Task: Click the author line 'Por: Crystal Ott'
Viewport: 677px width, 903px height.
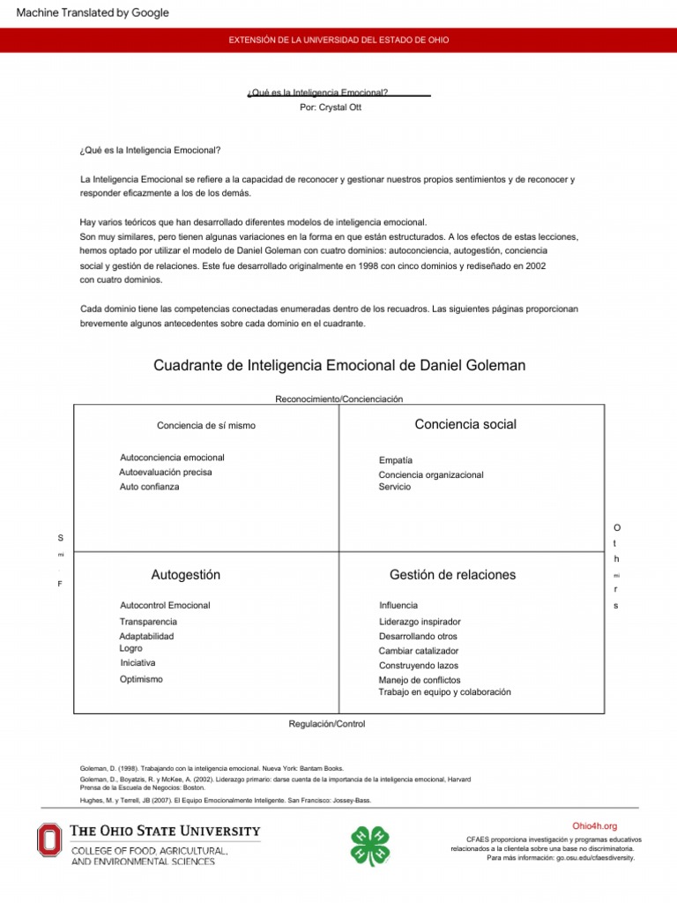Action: tap(331, 107)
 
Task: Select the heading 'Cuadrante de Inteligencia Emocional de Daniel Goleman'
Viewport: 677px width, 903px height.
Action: tap(338, 365)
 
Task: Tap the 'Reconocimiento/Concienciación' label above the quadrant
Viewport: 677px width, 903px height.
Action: tap(338, 399)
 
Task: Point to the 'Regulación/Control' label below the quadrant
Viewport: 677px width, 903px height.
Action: tap(326, 723)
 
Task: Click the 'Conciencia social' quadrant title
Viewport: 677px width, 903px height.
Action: tap(465, 424)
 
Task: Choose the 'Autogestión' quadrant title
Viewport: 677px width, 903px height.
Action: tap(186, 575)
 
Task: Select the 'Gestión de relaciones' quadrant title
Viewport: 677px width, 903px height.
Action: tap(452, 575)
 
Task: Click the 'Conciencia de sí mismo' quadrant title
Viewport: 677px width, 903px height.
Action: tap(206, 425)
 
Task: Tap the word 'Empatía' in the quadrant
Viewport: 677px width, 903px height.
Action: tap(396, 460)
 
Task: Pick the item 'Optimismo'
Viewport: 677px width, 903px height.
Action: tap(141, 679)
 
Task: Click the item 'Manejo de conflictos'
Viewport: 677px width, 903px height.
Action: tap(420, 680)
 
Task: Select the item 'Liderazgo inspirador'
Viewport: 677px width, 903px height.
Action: tap(420, 622)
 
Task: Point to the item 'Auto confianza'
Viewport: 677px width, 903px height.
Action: tap(149, 487)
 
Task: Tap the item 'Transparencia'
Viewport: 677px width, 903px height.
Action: tap(148, 622)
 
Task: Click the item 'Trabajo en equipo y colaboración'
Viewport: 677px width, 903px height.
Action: tap(444, 692)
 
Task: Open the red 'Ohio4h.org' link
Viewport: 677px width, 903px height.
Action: tap(594, 826)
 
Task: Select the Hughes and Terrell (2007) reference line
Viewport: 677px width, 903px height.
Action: tap(226, 800)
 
